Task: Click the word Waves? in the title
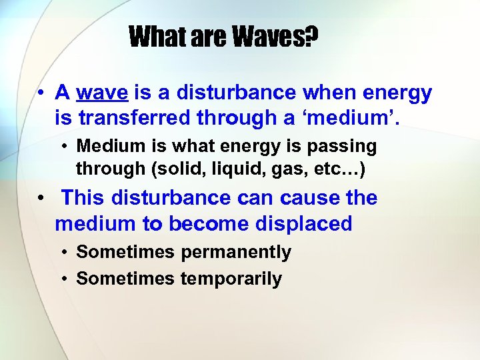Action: [x=275, y=37]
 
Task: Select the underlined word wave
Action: [x=102, y=93]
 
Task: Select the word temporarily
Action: [x=231, y=279]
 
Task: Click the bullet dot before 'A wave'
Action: [x=41, y=93]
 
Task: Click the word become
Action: [x=209, y=224]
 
